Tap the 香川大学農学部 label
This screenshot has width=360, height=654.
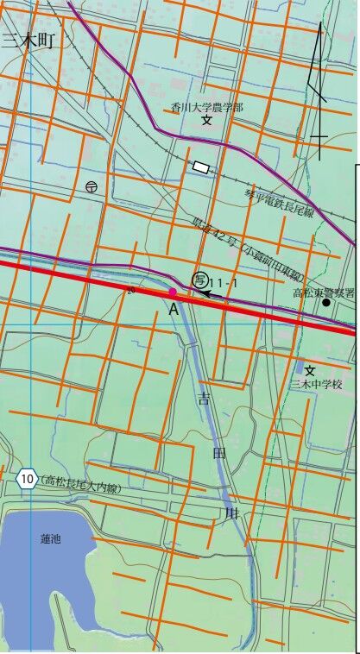pyautogui.click(x=207, y=107)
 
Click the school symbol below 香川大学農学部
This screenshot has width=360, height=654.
pyautogui.click(x=207, y=121)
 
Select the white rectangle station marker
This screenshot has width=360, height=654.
pyautogui.click(x=201, y=167)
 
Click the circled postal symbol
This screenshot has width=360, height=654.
pyautogui.click(x=92, y=186)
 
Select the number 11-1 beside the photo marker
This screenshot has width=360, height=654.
pyautogui.click(x=224, y=281)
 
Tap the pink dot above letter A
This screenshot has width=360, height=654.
pyautogui.click(x=173, y=293)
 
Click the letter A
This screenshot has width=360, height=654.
pyautogui.click(x=173, y=308)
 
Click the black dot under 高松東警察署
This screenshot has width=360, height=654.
pyautogui.click(x=326, y=303)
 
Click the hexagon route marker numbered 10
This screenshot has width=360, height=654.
pyautogui.click(x=28, y=478)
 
